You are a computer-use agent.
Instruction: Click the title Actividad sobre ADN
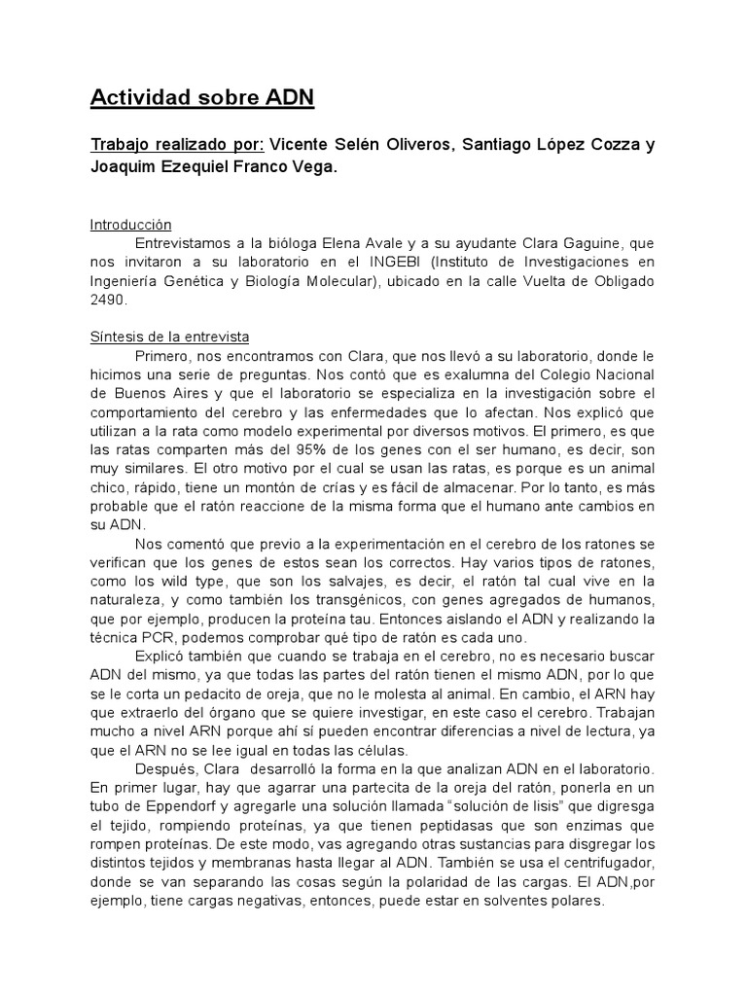pos(202,98)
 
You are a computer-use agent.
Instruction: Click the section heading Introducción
pos(130,224)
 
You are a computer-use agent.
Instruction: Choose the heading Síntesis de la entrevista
pos(169,338)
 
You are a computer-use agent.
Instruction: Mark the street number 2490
pos(111,302)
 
